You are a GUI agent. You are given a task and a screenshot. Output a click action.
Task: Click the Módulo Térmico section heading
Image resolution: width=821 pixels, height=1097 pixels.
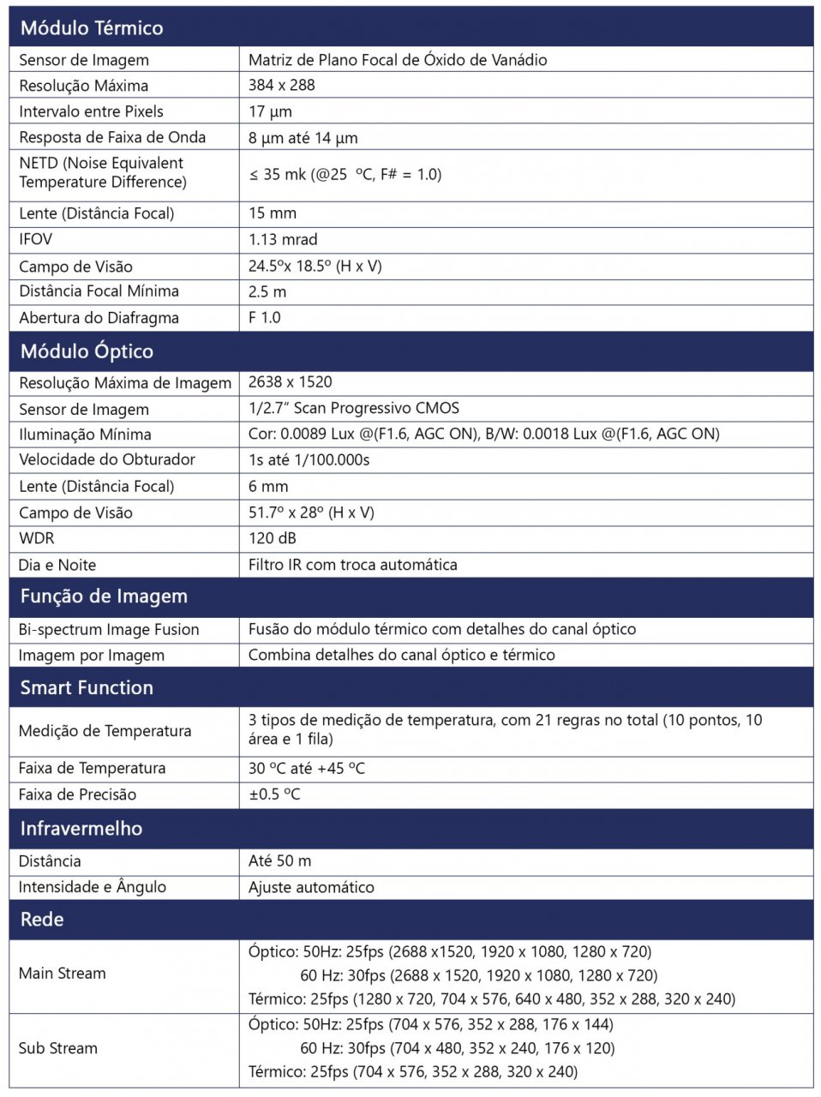click(91, 28)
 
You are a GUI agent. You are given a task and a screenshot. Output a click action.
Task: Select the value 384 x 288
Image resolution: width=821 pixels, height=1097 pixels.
click(281, 85)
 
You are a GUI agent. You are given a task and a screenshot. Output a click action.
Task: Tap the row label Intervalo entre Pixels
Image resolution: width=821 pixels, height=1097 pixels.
click(91, 111)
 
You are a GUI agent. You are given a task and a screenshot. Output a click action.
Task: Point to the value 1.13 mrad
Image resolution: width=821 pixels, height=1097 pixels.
click(283, 239)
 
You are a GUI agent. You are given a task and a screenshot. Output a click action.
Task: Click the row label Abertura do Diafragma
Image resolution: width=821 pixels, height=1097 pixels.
click(99, 318)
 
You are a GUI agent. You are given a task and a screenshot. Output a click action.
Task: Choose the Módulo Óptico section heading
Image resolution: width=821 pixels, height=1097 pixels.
click(87, 351)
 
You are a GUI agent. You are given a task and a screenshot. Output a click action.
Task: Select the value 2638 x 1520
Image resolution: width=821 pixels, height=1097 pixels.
click(290, 382)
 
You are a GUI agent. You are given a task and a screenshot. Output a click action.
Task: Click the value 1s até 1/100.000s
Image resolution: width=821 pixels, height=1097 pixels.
click(309, 459)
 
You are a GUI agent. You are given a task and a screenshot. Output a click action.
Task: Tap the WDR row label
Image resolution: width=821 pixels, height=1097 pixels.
click(36, 538)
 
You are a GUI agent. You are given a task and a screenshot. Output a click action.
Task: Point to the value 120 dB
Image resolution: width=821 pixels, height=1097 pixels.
click(273, 538)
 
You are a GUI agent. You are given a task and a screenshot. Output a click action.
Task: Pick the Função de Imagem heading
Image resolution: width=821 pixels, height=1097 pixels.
click(104, 596)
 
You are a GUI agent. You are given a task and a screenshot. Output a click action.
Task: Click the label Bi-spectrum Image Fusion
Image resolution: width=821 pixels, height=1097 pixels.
click(109, 630)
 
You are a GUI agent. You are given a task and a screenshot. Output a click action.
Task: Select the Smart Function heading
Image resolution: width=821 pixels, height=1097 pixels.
click(87, 688)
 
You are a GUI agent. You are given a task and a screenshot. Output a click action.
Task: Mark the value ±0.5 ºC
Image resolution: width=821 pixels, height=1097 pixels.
click(274, 794)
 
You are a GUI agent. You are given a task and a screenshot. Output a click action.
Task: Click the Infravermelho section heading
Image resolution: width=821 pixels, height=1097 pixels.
click(81, 829)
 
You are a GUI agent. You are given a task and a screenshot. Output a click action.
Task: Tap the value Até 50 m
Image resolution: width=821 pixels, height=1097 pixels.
click(279, 861)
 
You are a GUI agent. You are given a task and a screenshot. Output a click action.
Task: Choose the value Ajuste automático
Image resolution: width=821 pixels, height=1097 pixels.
click(311, 887)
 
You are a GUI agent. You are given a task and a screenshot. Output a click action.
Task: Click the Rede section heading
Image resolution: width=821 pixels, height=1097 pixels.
click(42, 920)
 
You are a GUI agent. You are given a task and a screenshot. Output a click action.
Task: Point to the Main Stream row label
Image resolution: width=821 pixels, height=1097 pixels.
click(63, 974)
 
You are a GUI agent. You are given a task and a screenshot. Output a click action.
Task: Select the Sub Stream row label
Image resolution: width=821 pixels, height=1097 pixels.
click(58, 1048)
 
